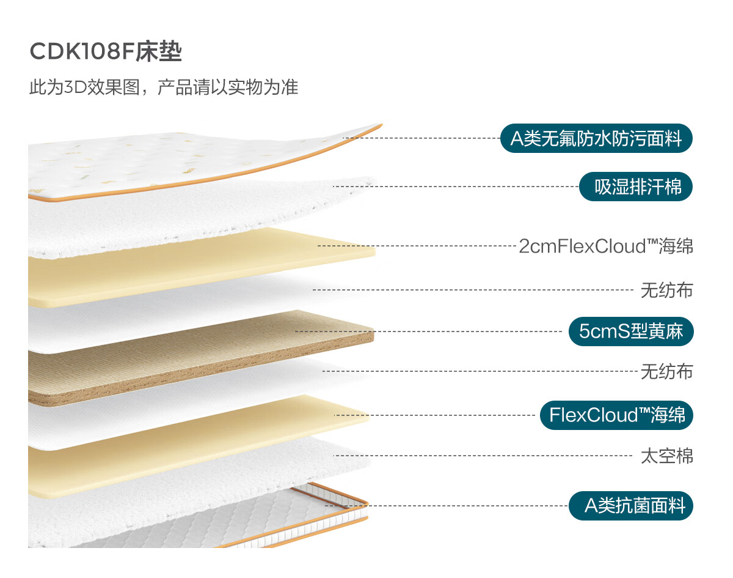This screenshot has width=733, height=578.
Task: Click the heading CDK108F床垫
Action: (x=106, y=51)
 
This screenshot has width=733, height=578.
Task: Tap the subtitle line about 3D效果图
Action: (x=164, y=87)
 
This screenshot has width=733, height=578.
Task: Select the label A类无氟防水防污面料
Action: (x=596, y=138)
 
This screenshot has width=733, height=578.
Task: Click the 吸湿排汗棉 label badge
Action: (x=636, y=187)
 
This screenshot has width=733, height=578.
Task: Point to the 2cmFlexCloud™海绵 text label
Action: (x=606, y=246)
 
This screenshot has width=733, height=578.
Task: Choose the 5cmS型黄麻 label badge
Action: (x=631, y=332)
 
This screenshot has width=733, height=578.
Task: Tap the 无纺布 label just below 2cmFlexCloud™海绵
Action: (x=667, y=291)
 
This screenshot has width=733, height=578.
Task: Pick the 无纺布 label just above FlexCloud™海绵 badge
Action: (x=667, y=372)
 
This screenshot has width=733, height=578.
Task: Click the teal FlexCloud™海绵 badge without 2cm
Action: (x=616, y=415)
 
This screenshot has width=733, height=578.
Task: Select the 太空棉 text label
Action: (x=667, y=456)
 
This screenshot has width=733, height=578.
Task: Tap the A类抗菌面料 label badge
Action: (x=631, y=506)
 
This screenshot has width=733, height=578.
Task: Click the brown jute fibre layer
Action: (x=201, y=358)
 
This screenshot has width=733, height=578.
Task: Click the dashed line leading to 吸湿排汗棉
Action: (x=456, y=187)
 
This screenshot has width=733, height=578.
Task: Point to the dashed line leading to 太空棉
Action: (x=483, y=456)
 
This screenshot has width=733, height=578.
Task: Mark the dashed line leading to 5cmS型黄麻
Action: (x=428, y=332)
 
